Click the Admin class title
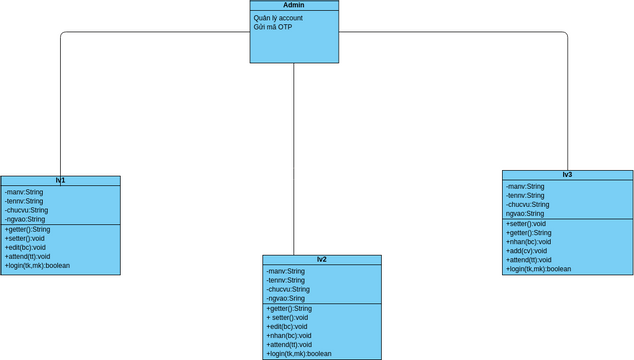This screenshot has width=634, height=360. [294, 6]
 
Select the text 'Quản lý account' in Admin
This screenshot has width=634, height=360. [279, 18]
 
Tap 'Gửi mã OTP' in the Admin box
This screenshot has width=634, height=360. [273, 27]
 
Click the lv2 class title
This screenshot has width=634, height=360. [322, 259]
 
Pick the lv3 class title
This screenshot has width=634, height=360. [567, 175]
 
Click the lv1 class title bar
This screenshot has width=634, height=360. [60, 181]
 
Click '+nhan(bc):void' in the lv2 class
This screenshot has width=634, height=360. [290, 335]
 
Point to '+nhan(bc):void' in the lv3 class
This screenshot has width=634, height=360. [529, 242]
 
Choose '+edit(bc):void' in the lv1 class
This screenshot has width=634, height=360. [26, 247]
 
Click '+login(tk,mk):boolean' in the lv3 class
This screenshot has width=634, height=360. [539, 269]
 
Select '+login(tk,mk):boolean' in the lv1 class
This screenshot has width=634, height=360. [37, 265]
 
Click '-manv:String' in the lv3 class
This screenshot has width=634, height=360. [526, 186]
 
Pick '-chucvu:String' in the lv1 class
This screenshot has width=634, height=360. [26, 210]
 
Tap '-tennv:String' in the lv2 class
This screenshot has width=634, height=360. [288, 280]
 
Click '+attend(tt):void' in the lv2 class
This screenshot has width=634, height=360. [290, 344]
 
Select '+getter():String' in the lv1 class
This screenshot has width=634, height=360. [28, 229]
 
